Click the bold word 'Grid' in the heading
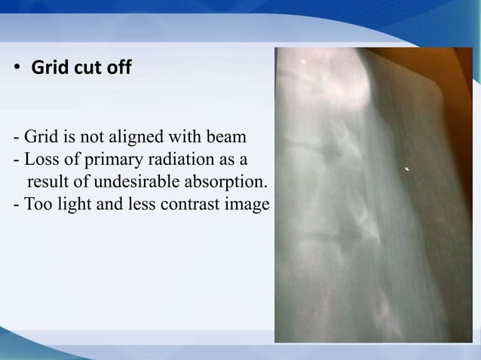(x=45, y=69)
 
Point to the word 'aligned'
(x=141, y=139)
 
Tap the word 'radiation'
(x=185, y=160)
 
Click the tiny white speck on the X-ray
(x=408, y=169)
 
